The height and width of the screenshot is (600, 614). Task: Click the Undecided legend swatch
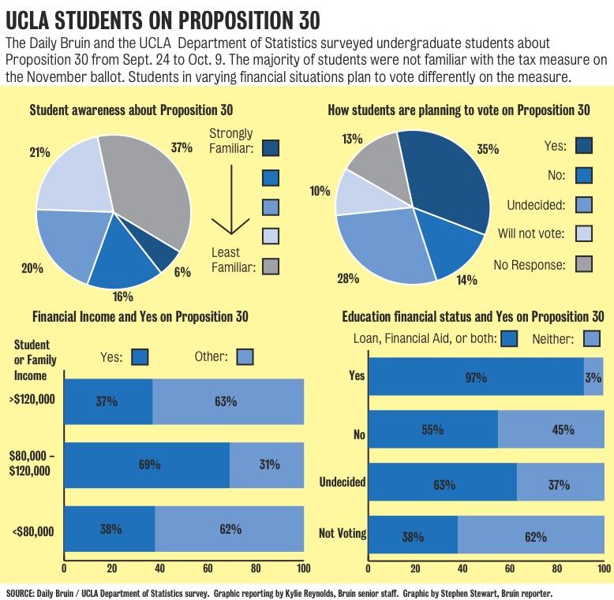585,206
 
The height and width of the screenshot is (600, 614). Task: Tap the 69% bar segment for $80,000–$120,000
146,464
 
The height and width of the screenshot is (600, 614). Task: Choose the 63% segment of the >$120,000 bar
227,401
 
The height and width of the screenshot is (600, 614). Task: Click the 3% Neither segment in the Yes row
593,375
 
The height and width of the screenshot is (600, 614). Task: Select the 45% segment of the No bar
550,430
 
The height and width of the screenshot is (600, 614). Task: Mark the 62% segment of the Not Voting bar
530,537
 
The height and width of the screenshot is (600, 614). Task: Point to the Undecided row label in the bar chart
342,482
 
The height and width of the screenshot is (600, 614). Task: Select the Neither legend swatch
591,339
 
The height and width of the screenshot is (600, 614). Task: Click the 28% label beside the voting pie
348,278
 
